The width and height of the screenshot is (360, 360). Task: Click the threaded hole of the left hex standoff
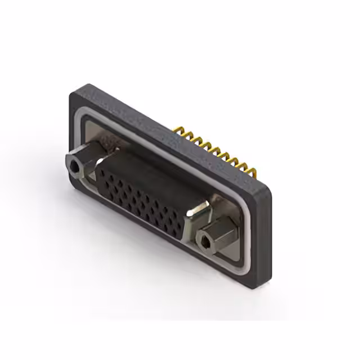coord(74,166)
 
